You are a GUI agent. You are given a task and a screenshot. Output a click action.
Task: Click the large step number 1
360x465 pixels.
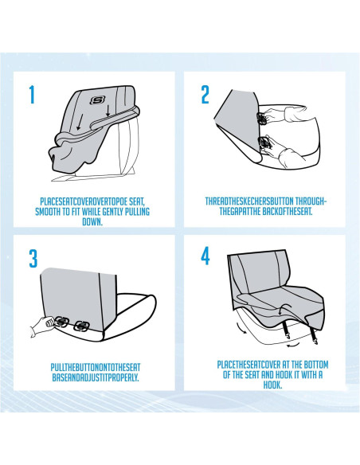coord(32,96)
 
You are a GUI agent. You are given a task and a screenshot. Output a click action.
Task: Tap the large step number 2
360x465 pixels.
coord(205,96)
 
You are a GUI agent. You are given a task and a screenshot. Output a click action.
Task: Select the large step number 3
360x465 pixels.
coord(33,259)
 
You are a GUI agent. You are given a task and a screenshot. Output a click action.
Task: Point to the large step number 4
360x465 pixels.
coord(205,258)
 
